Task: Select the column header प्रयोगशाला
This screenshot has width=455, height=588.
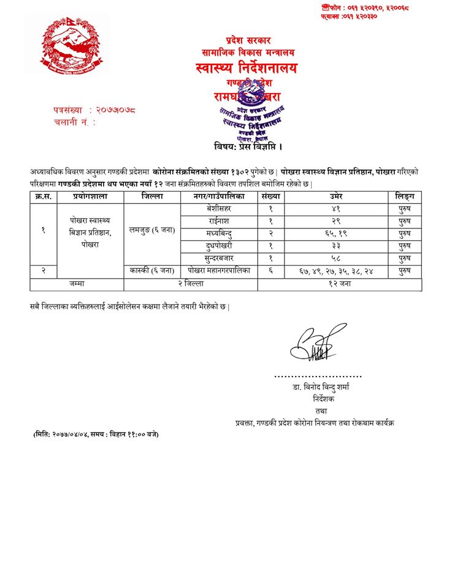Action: click(91, 197)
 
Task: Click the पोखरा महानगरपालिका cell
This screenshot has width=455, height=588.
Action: click(219, 271)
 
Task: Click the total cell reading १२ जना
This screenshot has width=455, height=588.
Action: click(339, 283)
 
